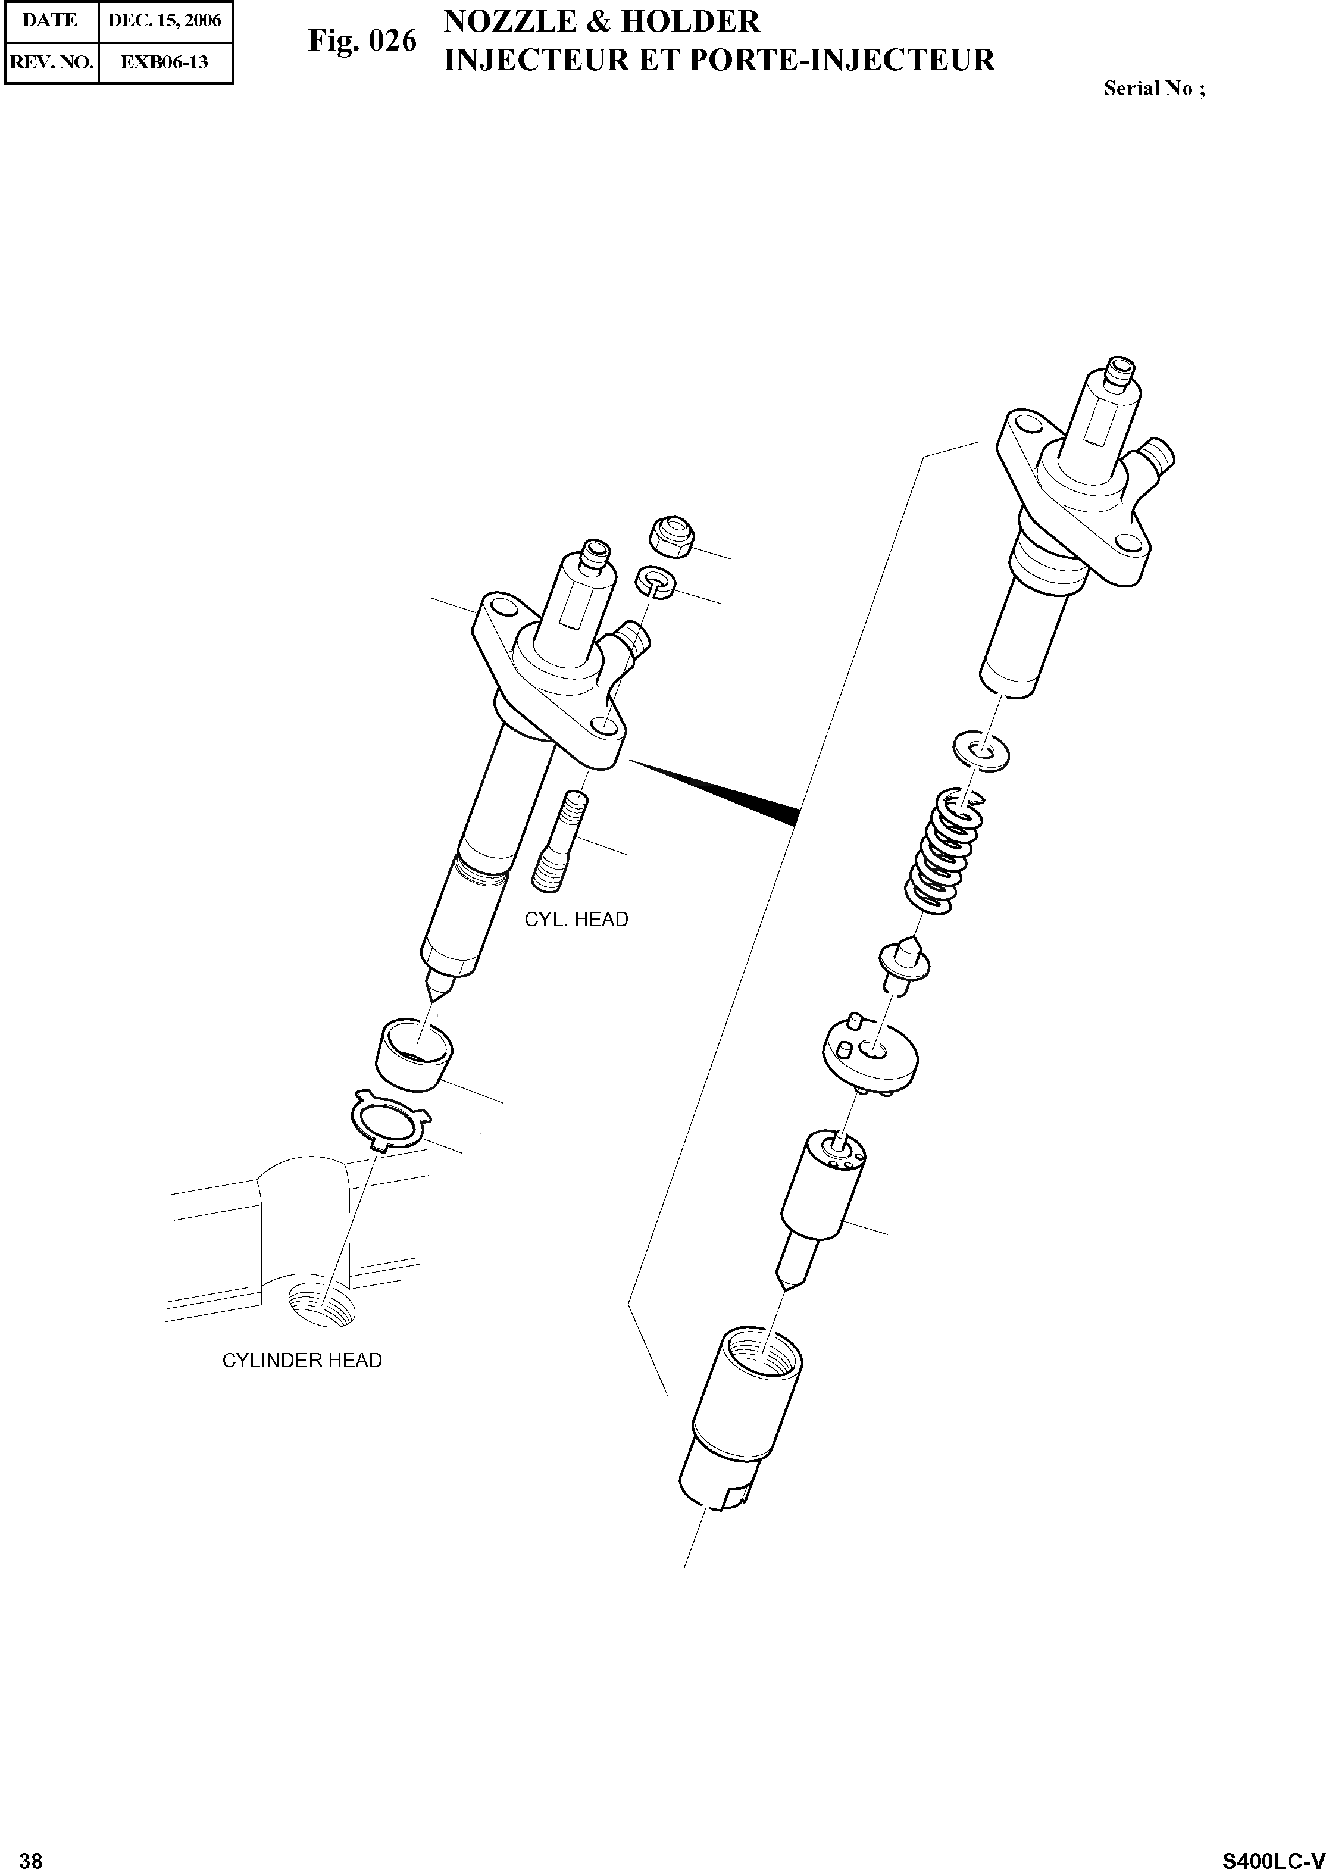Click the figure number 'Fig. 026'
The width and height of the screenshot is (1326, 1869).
(362, 41)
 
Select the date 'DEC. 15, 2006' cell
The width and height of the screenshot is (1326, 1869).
(164, 20)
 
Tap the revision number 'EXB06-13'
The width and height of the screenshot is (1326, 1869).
(164, 62)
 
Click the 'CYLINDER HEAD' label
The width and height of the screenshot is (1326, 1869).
(302, 1360)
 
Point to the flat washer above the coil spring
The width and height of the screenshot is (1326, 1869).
(981, 749)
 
